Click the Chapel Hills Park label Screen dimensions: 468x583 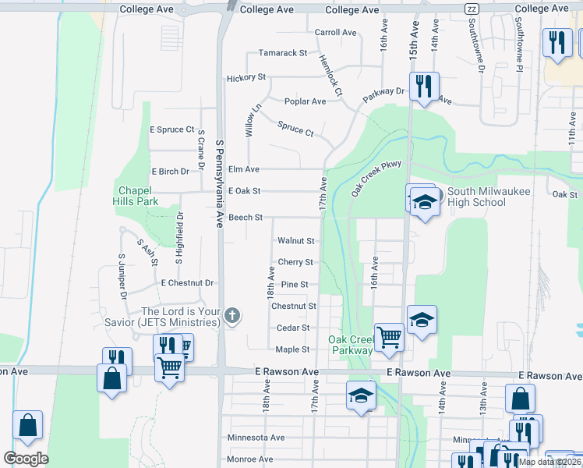point(138,196)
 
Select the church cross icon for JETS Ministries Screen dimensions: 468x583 point(231,316)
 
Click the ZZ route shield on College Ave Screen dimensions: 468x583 point(472,9)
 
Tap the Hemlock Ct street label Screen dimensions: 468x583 point(330,76)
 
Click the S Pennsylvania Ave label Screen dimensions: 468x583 point(220,179)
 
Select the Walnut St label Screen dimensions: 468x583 point(295,241)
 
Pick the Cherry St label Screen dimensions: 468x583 point(295,263)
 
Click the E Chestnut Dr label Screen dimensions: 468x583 point(187,282)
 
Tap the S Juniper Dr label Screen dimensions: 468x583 point(122,276)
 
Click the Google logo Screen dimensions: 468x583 point(26,458)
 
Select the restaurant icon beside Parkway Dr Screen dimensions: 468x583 point(423,85)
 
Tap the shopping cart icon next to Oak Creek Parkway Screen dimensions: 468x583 point(389,336)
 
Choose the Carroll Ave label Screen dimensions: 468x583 point(335,33)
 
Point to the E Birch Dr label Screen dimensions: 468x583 point(171,172)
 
